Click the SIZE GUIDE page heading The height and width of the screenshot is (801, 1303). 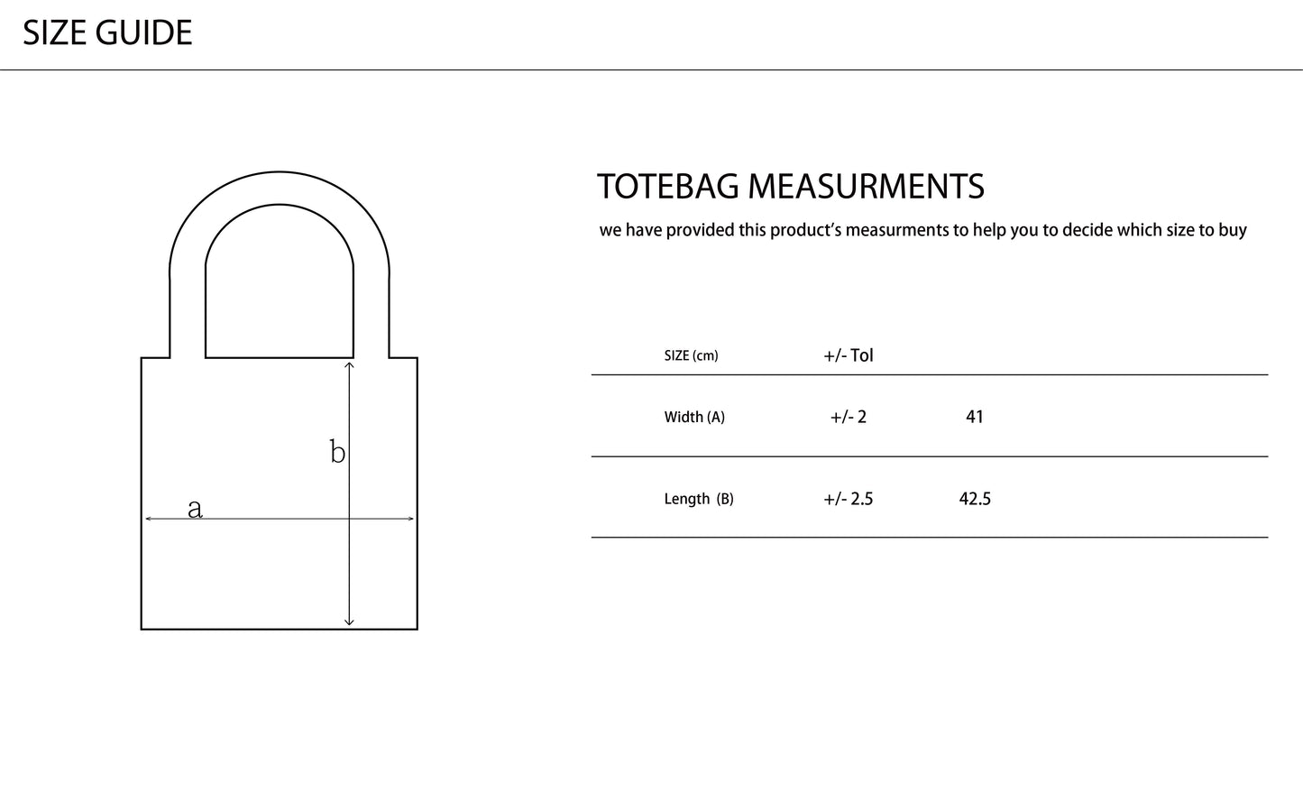click(107, 32)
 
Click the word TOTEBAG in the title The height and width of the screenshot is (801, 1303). click(668, 187)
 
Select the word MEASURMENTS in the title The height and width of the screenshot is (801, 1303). click(867, 187)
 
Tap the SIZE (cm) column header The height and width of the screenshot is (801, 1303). click(691, 355)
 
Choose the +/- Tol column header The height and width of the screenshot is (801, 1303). click(849, 355)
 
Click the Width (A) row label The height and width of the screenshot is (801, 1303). click(694, 417)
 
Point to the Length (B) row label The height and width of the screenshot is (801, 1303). click(699, 499)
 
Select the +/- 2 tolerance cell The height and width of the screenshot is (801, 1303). click(849, 417)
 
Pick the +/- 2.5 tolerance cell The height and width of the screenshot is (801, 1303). click(849, 499)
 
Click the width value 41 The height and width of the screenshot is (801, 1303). click(975, 417)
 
